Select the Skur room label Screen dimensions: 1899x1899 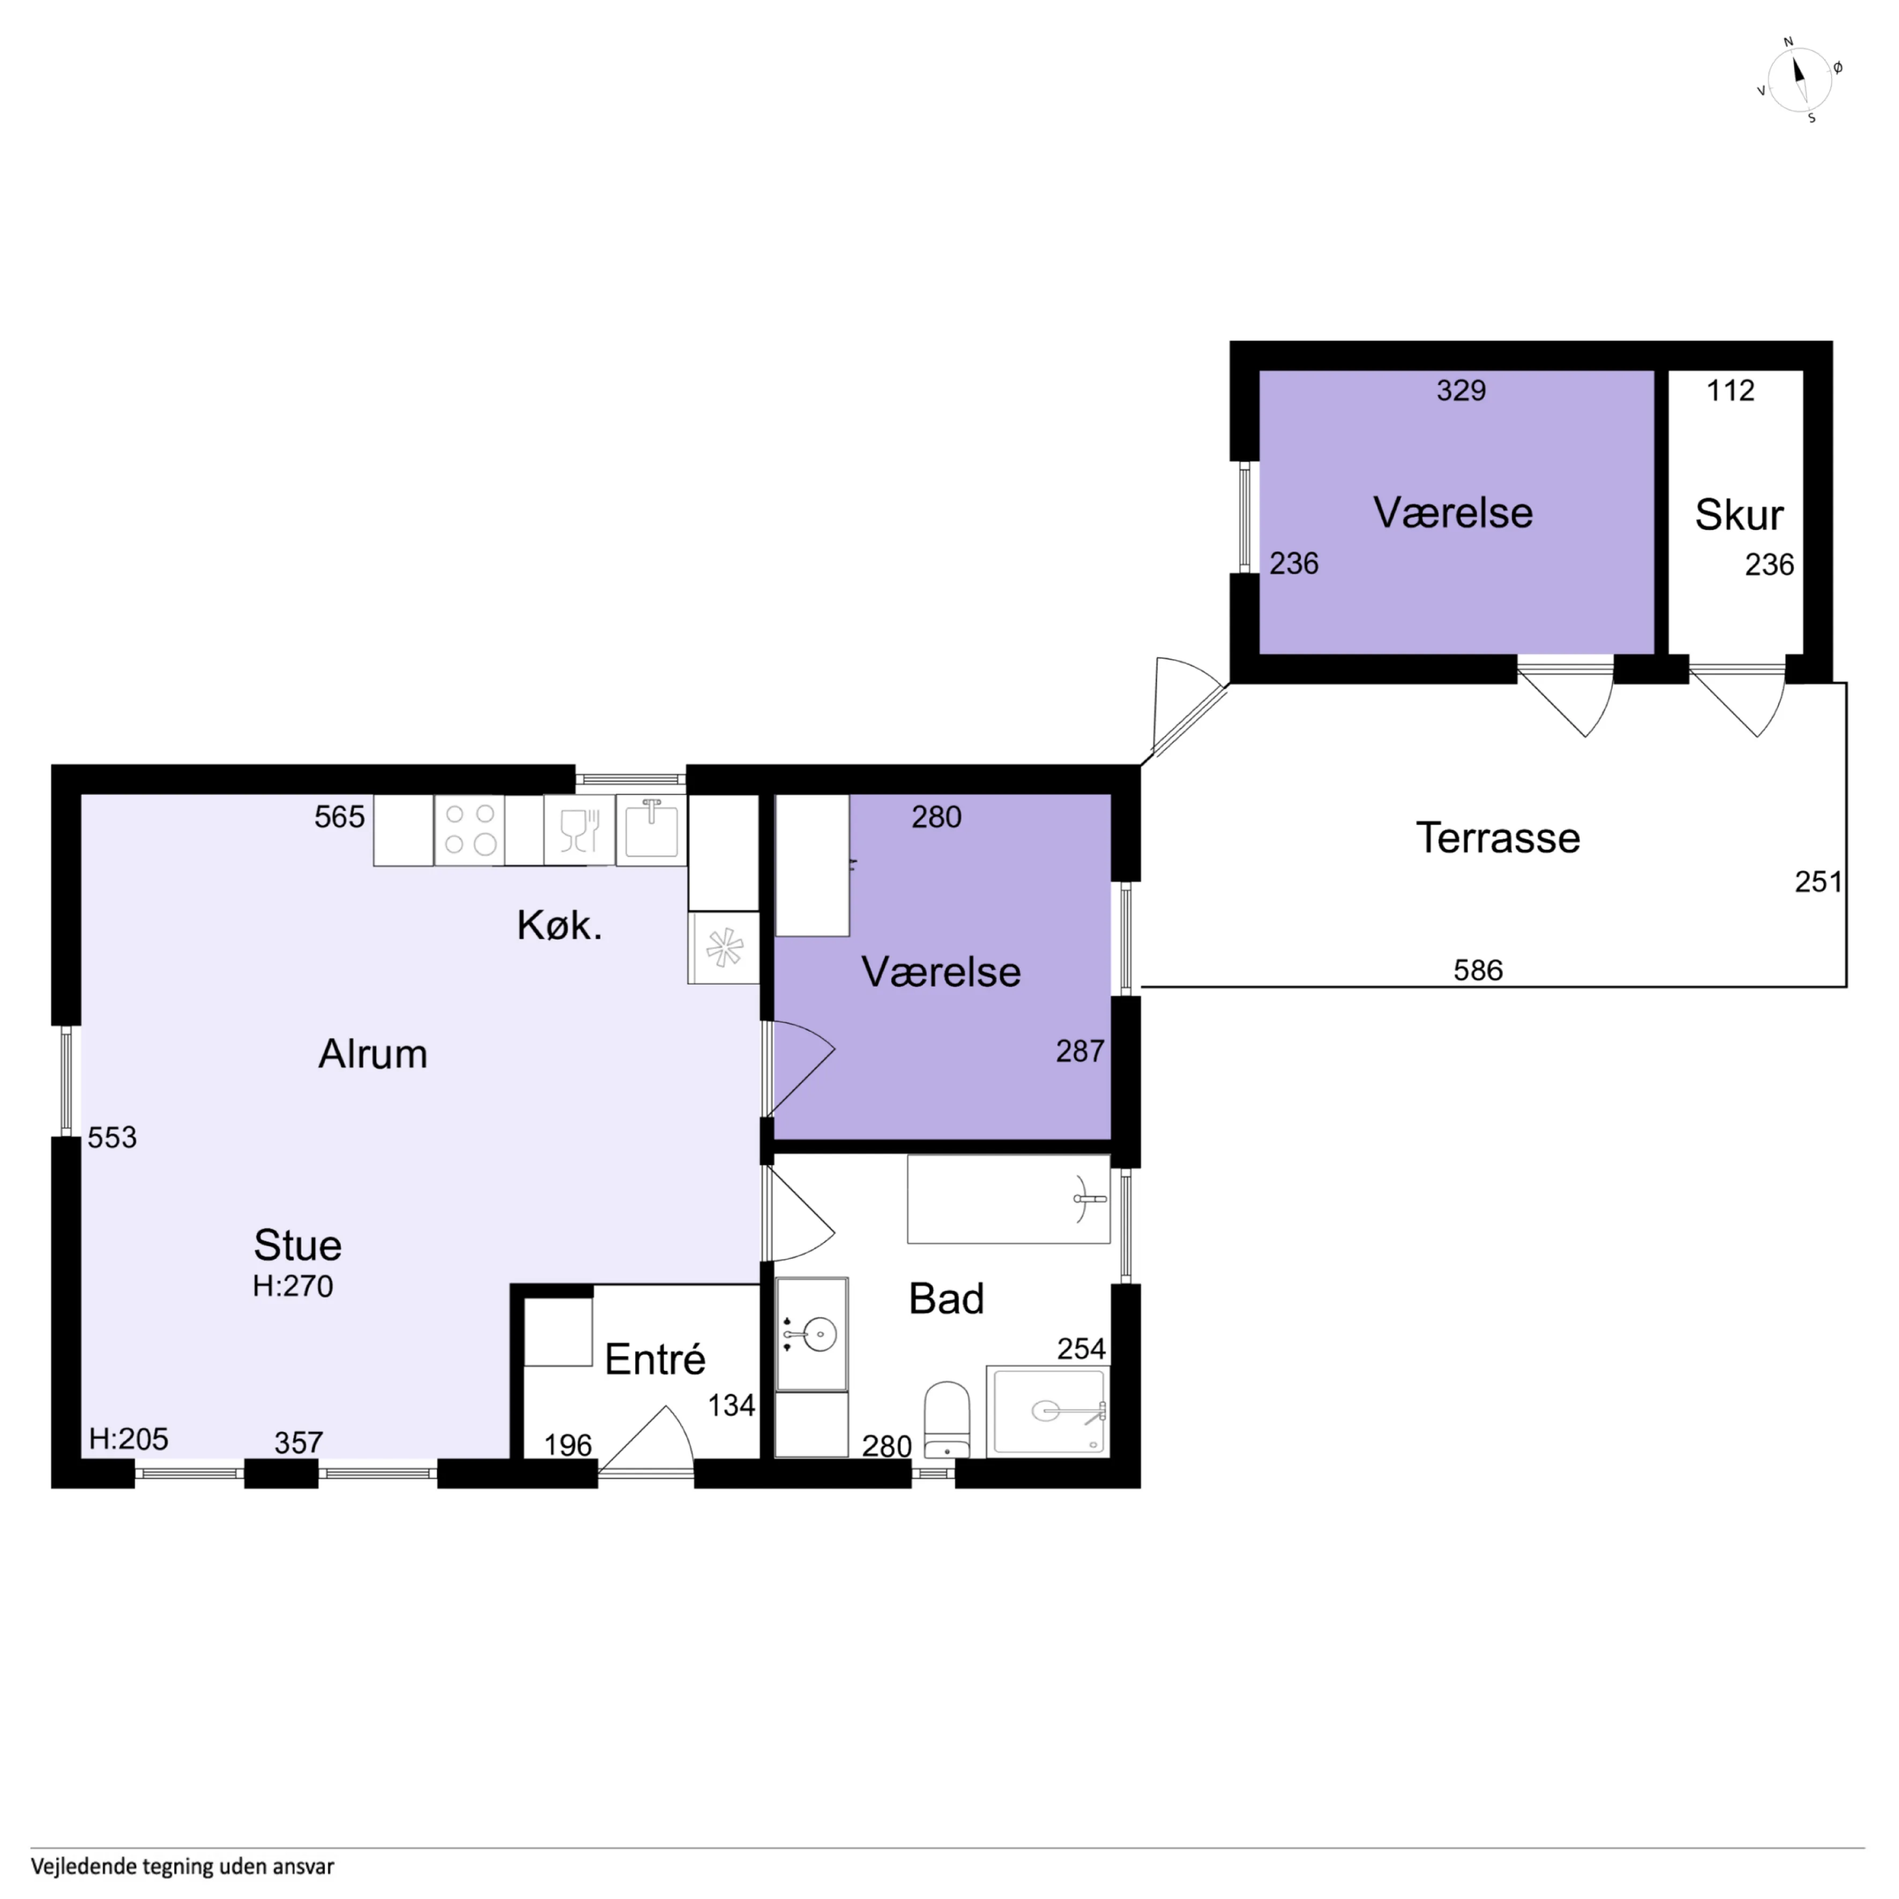click(x=1739, y=515)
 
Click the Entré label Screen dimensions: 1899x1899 click(x=654, y=1359)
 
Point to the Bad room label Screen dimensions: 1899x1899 click(x=945, y=1299)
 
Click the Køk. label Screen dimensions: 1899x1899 click(x=559, y=925)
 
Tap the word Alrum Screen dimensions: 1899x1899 click(x=373, y=1054)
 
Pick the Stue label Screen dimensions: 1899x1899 click(x=298, y=1245)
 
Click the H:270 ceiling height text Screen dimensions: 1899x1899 click(x=293, y=1286)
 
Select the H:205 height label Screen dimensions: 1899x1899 click(x=129, y=1439)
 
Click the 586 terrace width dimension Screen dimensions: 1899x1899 click(x=1478, y=970)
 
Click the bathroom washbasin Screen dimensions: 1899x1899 click(x=812, y=1334)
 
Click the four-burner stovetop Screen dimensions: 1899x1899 click(x=470, y=830)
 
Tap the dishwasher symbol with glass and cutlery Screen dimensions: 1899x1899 click(x=579, y=830)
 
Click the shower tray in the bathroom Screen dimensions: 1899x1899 click(x=1049, y=1411)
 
